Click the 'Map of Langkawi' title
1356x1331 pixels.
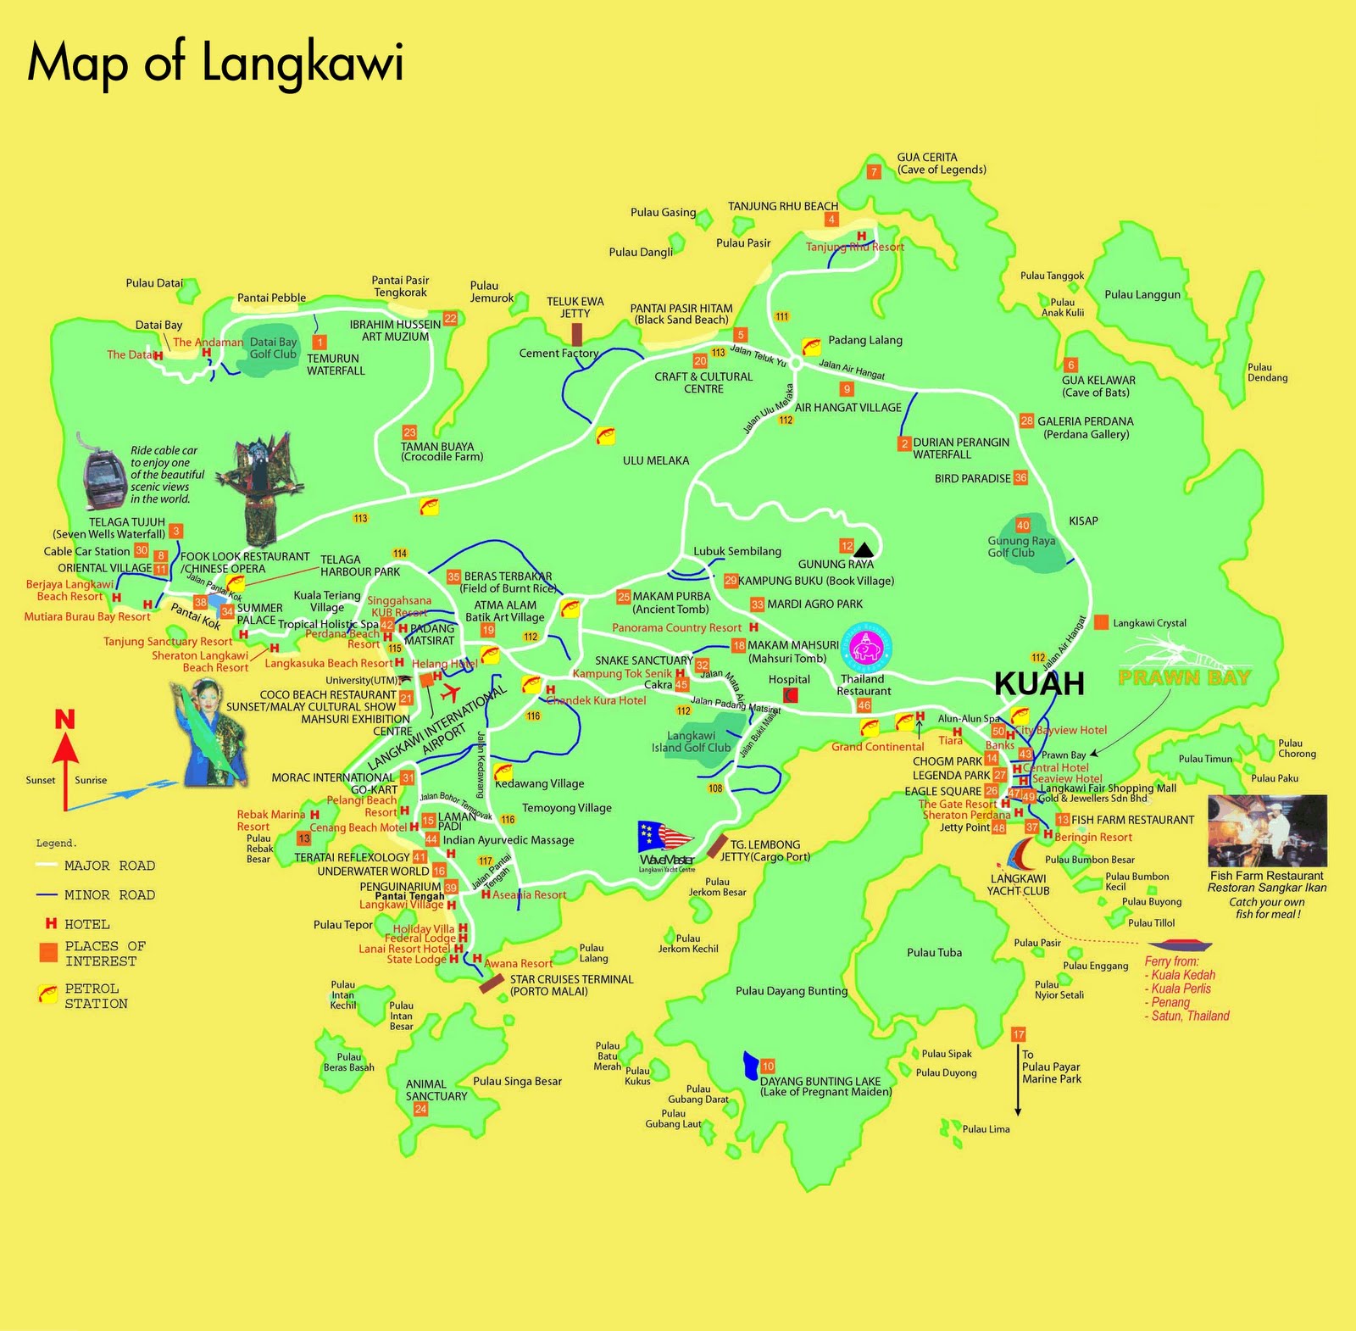[215, 64]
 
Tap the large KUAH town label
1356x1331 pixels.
[1038, 683]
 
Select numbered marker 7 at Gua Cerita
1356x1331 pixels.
[874, 172]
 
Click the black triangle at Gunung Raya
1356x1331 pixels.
[864, 549]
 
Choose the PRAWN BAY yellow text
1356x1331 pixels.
[1184, 677]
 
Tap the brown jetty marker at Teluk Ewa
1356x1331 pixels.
[576, 334]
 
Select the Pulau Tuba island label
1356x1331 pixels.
[934, 953]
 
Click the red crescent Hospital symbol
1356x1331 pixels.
[790, 695]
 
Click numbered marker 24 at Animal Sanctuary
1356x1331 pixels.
[420, 1109]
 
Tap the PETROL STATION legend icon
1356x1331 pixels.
[47, 994]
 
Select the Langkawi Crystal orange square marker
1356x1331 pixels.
[1101, 622]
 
